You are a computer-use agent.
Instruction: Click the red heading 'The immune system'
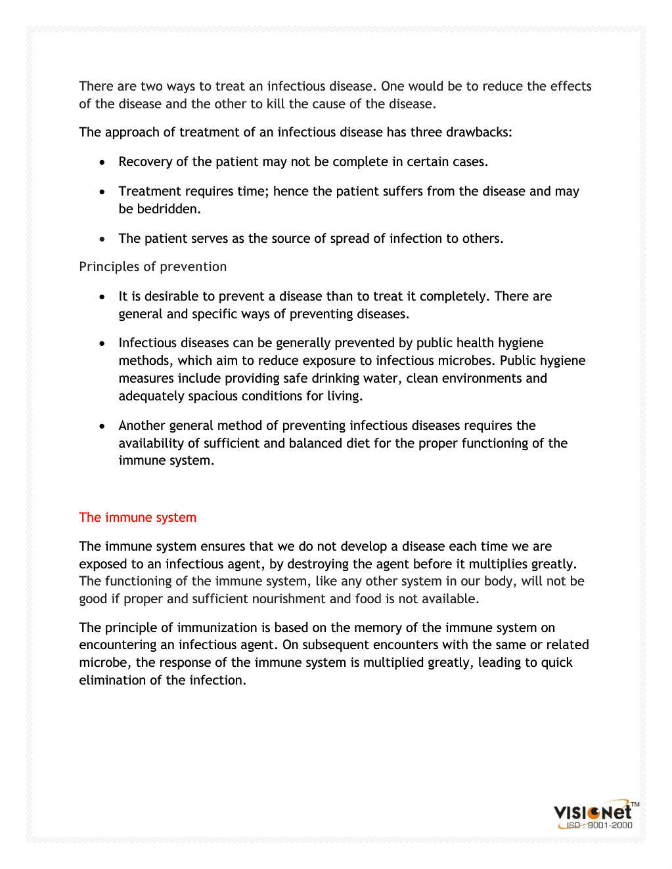pos(137,517)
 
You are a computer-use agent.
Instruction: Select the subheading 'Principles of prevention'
pos(152,266)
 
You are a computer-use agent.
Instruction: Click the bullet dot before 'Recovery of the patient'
pos(102,162)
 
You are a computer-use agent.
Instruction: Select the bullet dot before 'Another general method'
pos(102,426)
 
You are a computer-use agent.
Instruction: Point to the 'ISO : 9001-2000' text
pos(599,826)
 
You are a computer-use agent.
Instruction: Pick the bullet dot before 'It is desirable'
pos(102,297)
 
